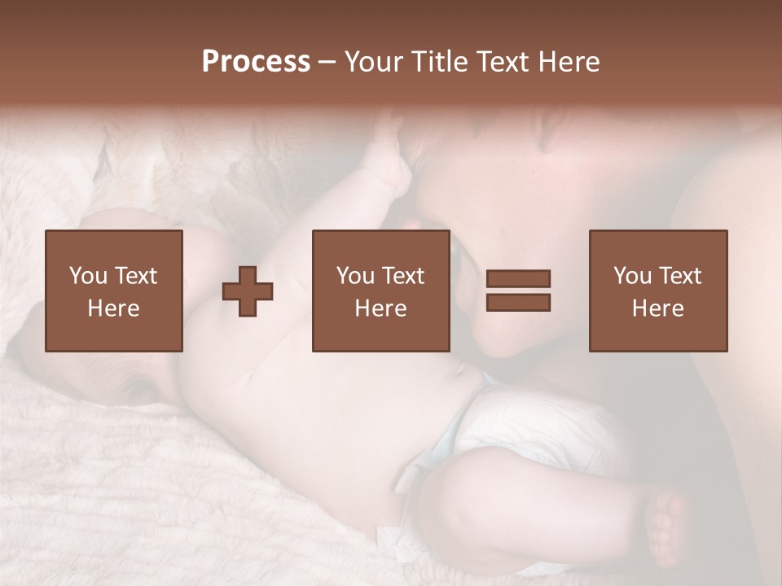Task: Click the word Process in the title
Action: (256, 62)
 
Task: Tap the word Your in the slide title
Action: (374, 62)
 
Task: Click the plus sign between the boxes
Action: (248, 291)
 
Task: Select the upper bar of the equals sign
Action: (518, 278)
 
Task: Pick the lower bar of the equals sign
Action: (518, 302)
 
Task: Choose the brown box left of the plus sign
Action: (113, 291)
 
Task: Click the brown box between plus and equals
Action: (380, 291)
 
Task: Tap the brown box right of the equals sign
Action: (657, 291)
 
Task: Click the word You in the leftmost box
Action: (88, 276)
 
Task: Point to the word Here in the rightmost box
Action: (657, 308)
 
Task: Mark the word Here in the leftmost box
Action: (113, 308)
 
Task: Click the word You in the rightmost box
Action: (632, 276)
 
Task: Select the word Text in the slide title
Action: (497, 62)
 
